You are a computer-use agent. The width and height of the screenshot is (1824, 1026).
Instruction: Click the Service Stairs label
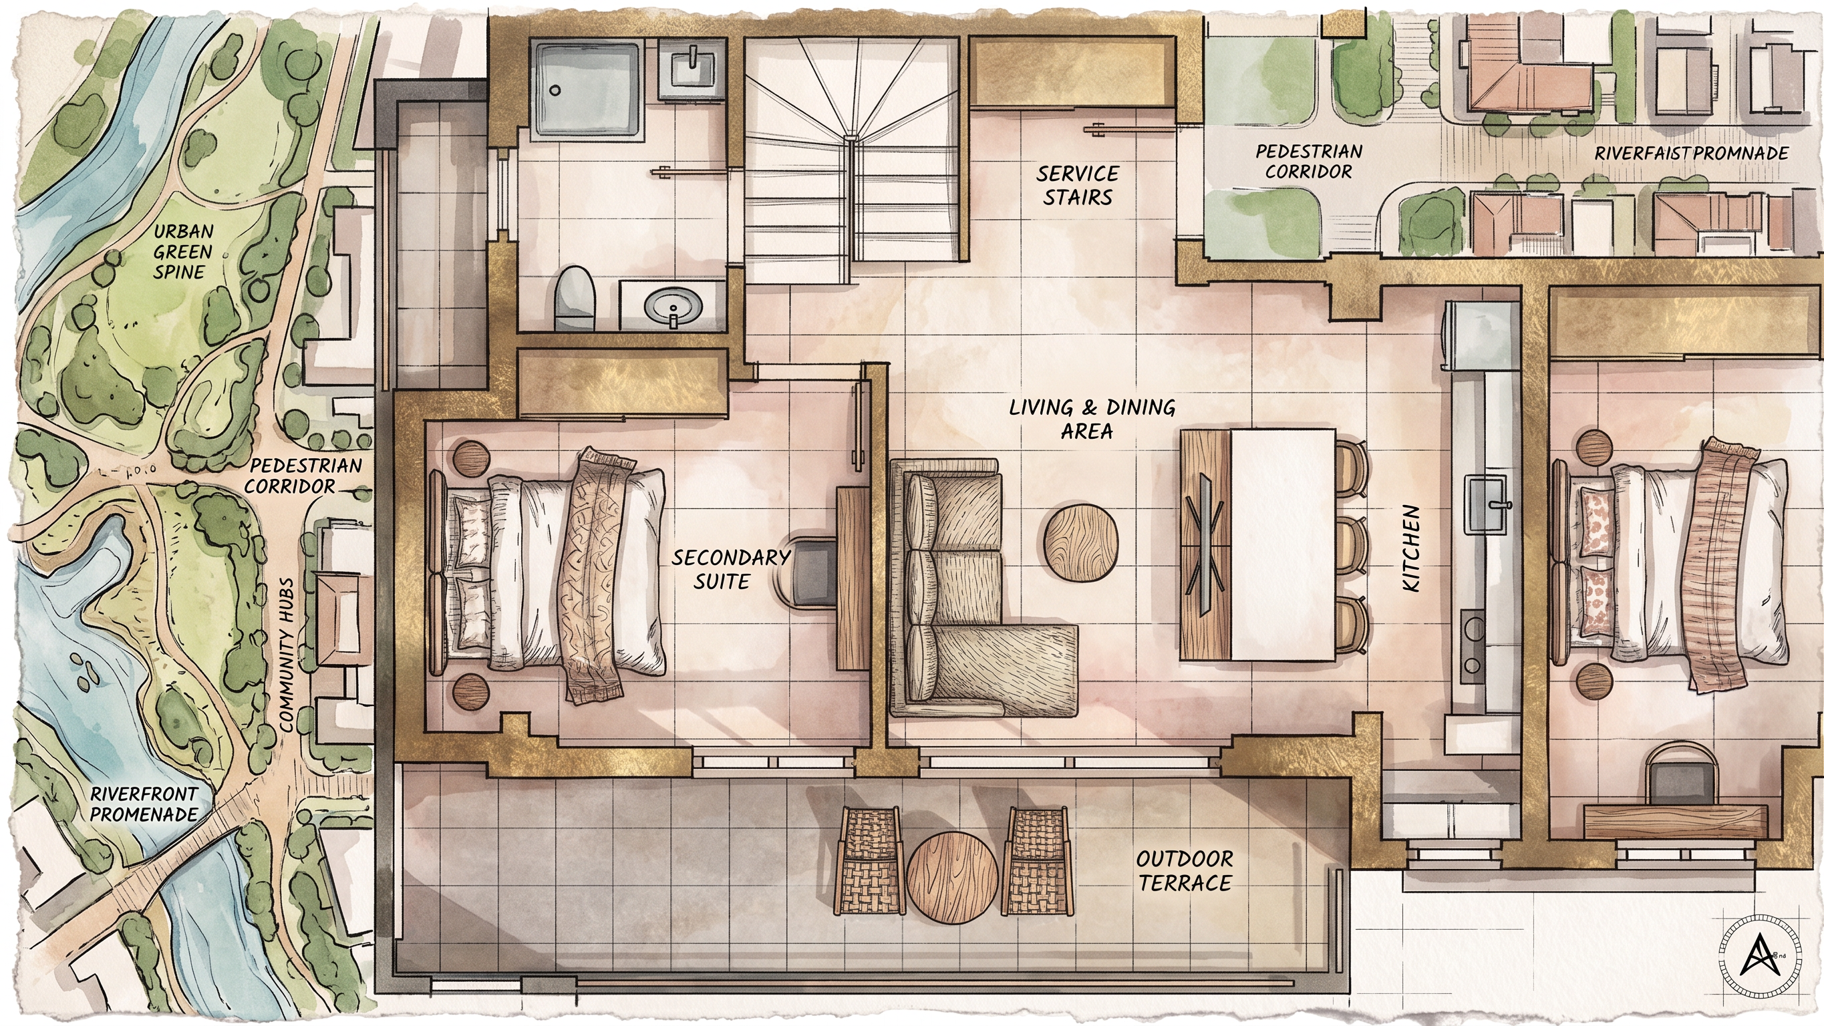[1078, 186]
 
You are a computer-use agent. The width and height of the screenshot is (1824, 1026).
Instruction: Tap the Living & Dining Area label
[1092, 418]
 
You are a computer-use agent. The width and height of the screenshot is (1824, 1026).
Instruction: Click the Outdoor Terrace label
[1185, 870]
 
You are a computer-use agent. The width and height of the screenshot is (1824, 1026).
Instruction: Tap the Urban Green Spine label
[182, 251]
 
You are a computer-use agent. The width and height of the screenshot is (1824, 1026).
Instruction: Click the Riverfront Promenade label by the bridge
[144, 803]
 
